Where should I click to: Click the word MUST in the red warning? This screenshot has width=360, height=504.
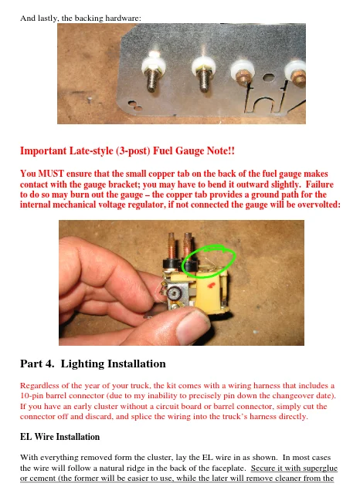[51, 174]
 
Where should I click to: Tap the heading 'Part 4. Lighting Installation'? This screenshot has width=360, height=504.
[93, 364]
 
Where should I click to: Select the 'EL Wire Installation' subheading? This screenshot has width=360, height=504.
[59, 437]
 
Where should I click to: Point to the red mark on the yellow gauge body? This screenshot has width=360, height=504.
[211, 285]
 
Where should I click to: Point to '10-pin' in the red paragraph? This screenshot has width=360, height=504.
[30, 396]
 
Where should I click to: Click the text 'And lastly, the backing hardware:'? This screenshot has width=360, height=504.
[81, 18]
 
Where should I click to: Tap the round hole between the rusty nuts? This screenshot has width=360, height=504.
[268, 77]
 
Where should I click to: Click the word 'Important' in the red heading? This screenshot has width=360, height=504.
[43, 151]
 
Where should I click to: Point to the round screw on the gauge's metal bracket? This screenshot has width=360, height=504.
[174, 293]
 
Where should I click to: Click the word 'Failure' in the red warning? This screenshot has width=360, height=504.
[320, 184]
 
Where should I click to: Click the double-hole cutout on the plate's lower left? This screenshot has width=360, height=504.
[135, 105]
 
